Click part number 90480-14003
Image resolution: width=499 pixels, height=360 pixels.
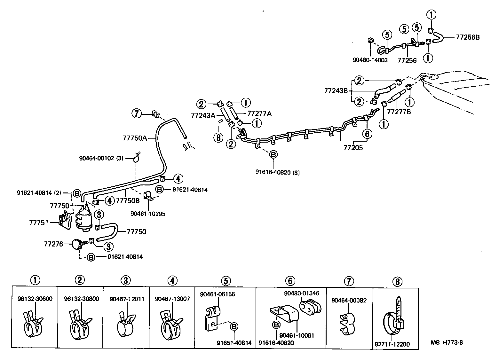(x=370, y=60)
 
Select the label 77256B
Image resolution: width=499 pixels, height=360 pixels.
(x=468, y=37)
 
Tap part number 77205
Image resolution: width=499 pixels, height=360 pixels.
(x=353, y=148)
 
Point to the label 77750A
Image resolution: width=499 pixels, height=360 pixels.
(x=135, y=138)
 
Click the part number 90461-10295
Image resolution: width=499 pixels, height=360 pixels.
(x=148, y=214)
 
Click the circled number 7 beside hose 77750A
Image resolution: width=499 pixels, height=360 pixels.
(x=137, y=113)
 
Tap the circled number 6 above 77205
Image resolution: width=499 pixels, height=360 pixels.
(x=367, y=133)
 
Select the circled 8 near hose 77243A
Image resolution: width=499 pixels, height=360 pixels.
(x=218, y=137)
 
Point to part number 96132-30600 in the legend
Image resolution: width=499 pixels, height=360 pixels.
(x=35, y=299)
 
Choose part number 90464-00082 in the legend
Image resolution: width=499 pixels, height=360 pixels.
(x=349, y=300)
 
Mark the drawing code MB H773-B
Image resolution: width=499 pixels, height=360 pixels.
(x=447, y=343)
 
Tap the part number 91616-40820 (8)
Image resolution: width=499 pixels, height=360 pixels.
(x=277, y=172)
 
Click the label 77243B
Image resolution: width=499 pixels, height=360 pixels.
(x=336, y=90)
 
